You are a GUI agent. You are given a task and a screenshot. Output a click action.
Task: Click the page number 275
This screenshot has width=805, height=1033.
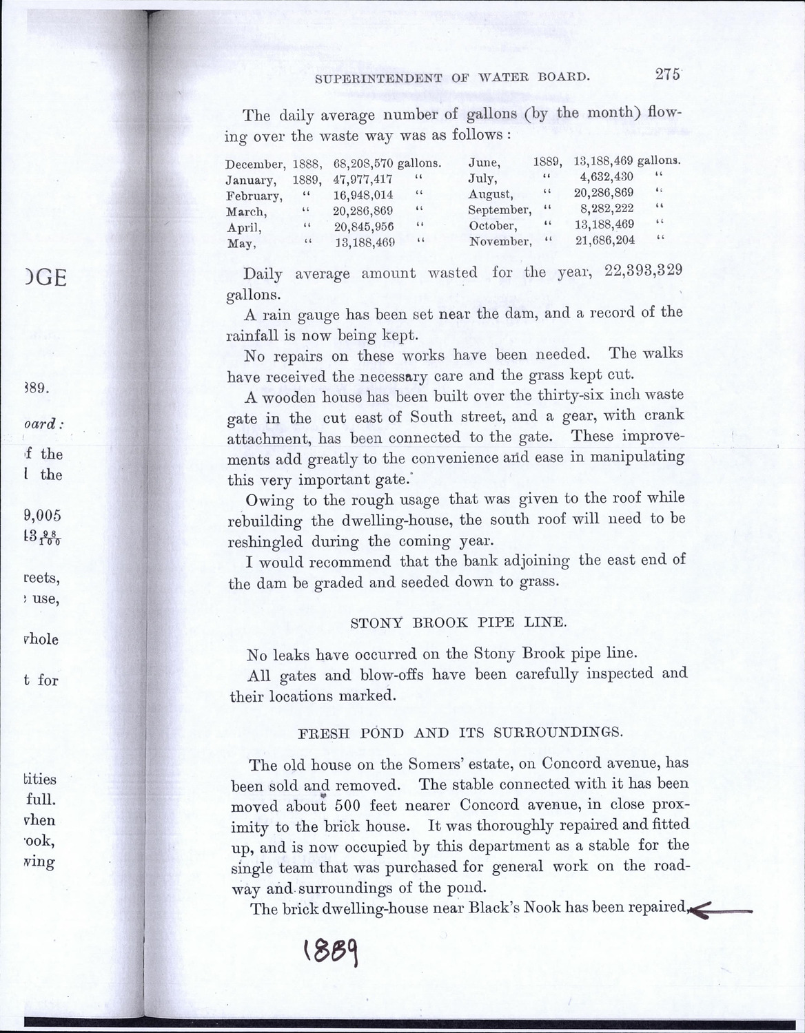click(x=667, y=75)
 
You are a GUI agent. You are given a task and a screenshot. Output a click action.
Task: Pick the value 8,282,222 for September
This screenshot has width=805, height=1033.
click(x=607, y=209)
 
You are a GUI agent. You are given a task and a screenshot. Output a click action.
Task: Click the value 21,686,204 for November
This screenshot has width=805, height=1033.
click(x=604, y=240)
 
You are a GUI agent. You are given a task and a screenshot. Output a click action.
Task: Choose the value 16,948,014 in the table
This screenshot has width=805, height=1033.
click(x=363, y=196)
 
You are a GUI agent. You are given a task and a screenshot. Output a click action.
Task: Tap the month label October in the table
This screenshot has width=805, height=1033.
click(x=492, y=226)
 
